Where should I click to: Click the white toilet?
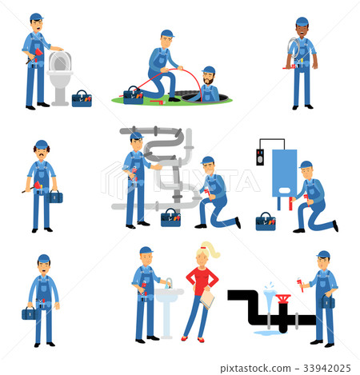click(x=60, y=78)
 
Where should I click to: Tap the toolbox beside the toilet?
click(x=82, y=99)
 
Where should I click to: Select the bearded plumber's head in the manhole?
click(x=208, y=75)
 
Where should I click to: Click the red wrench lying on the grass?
click(x=158, y=102)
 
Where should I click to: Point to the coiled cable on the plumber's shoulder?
click(x=294, y=49)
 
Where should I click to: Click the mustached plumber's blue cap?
click(x=42, y=144)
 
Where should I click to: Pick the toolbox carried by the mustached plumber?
click(x=54, y=197)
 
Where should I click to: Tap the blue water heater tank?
click(x=285, y=174)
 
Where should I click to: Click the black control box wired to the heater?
click(x=260, y=158)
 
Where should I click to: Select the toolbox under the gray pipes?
click(x=170, y=218)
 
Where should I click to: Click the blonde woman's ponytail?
click(x=211, y=249)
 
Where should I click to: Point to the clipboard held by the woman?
click(x=207, y=299)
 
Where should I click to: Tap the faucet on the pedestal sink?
click(x=169, y=283)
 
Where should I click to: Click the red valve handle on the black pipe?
click(x=283, y=297)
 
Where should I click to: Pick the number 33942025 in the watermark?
click(x=327, y=369)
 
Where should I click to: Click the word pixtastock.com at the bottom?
click(x=255, y=369)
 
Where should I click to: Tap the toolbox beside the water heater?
click(x=266, y=221)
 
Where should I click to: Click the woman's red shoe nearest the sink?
click(x=184, y=338)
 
